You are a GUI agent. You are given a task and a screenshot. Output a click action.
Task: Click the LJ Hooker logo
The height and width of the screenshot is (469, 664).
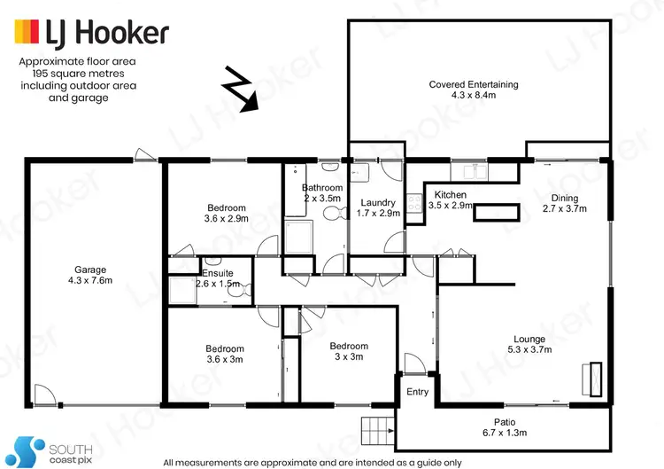[90, 34]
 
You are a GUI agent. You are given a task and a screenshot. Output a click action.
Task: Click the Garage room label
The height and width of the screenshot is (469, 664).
[90, 270]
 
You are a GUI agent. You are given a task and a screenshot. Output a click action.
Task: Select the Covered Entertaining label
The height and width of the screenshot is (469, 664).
[474, 85]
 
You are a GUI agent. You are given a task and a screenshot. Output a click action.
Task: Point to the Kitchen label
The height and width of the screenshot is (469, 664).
[450, 195]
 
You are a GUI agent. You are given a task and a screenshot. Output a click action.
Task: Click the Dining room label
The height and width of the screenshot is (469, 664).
[564, 199]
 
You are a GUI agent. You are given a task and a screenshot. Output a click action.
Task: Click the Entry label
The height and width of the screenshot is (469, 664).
[417, 392]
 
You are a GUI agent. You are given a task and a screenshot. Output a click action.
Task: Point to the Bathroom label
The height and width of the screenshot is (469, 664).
[321, 188]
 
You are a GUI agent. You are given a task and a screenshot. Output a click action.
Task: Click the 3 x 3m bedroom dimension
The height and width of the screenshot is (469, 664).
[348, 357]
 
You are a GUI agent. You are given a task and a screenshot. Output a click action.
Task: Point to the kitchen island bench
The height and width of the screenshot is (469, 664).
[495, 211]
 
